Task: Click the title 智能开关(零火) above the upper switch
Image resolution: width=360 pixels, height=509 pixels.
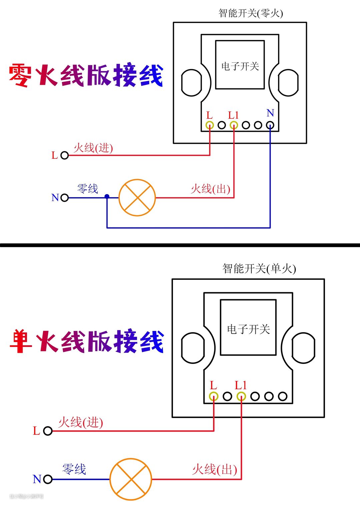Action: tap(251, 13)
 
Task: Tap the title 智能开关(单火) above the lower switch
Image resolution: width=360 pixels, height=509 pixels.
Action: tap(259, 269)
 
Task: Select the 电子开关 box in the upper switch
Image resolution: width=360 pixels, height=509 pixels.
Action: tap(240, 65)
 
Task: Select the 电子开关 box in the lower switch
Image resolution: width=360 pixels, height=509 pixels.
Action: tap(248, 327)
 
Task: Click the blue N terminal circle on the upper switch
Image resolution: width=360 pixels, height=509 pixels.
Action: tap(270, 125)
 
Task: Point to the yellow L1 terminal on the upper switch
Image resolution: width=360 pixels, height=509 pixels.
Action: tap(234, 125)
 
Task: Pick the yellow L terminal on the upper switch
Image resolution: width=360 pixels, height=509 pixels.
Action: tap(210, 125)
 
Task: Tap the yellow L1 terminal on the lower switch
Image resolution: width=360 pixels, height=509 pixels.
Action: tap(241, 396)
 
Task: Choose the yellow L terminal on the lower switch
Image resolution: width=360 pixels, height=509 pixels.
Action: tap(214, 396)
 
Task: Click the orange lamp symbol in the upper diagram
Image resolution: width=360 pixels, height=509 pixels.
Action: tap(137, 197)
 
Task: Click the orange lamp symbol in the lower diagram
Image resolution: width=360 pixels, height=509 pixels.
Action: tap(131, 479)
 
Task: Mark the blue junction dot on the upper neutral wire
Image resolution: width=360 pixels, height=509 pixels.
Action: tap(107, 196)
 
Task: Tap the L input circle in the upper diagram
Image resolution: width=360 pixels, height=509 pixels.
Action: tap(65, 155)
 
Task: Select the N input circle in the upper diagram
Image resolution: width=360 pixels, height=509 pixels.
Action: tap(65, 198)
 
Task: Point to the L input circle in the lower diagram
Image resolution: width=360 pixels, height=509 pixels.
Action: tap(48, 431)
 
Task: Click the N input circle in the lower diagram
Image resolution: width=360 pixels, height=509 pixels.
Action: tap(48, 479)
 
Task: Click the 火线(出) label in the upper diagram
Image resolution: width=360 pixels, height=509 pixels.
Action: tap(210, 189)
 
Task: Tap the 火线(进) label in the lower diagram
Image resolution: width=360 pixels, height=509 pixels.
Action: tap(80, 422)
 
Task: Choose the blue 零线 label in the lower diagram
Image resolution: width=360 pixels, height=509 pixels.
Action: tap(74, 469)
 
